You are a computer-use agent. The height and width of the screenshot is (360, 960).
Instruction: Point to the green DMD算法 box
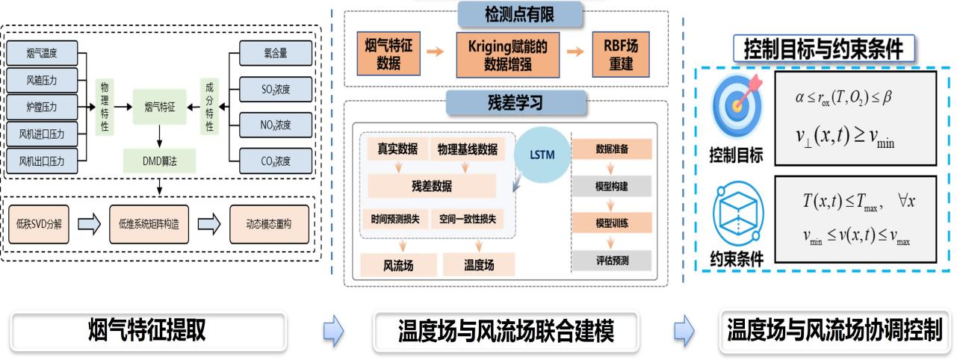coord(159,159)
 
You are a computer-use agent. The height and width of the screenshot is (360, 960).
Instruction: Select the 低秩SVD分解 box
coord(39,223)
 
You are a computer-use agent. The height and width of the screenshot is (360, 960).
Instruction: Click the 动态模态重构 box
coord(268,223)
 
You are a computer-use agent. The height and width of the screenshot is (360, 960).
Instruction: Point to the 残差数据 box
coord(432,186)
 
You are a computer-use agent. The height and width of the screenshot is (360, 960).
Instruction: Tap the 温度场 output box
coord(479,264)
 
